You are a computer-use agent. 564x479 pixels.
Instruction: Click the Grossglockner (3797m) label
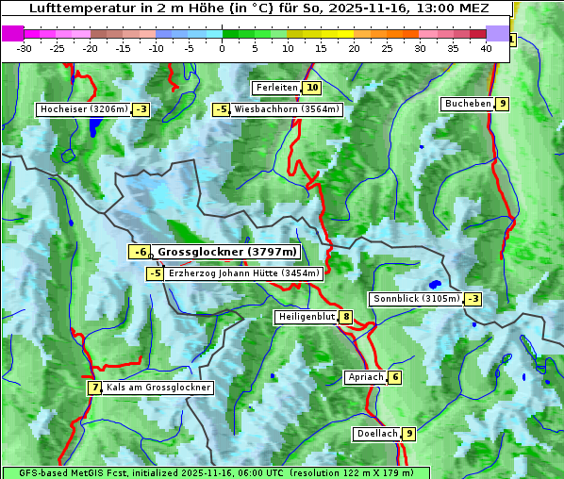click(226, 252)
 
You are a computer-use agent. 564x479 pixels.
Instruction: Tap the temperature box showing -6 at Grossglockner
click(140, 252)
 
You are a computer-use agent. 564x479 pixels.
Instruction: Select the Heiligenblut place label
click(307, 317)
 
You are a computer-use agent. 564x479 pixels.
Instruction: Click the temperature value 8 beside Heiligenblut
click(346, 317)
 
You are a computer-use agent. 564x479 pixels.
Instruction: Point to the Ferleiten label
click(276, 88)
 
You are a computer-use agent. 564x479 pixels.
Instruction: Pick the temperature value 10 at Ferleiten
click(312, 88)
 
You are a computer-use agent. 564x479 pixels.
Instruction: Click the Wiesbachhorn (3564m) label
click(287, 109)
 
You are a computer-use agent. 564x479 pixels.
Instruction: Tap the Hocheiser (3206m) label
click(83, 109)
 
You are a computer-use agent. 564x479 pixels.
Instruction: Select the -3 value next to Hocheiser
click(141, 109)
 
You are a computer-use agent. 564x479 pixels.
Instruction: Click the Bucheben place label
click(468, 103)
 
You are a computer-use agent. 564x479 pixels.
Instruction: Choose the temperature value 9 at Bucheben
click(503, 103)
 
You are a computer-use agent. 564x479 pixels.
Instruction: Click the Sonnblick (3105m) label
click(416, 299)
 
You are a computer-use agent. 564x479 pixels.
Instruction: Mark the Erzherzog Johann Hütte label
click(244, 273)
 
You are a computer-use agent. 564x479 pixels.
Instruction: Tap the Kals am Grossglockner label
click(158, 388)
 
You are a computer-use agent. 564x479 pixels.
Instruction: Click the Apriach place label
click(366, 377)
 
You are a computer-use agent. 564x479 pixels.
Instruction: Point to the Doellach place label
click(376, 434)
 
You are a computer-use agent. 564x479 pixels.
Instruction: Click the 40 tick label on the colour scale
click(486, 48)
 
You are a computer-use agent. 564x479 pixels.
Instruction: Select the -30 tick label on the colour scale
click(25, 48)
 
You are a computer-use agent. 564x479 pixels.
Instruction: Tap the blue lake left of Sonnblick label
click(434, 283)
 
